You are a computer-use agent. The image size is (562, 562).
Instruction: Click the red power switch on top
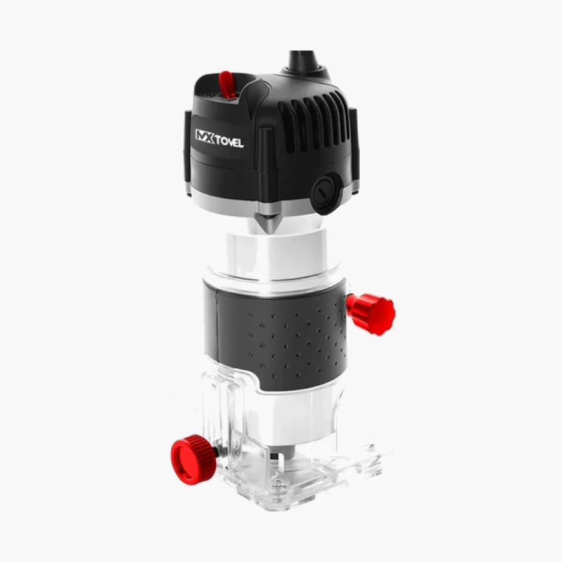[x=227, y=84]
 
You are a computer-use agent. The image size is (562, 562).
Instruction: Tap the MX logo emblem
[x=205, y=136]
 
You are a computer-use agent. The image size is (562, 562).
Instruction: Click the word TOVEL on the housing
[x=230, y=141]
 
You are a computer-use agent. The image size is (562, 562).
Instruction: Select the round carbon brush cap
[x=326, y=193]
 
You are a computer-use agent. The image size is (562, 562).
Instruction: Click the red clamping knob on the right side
[x=371, y=314]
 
